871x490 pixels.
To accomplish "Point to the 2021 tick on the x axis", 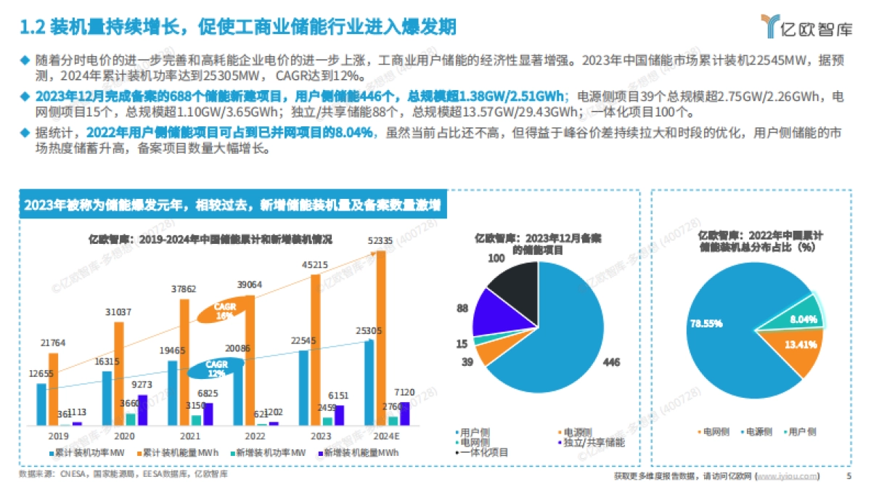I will pos(189,436).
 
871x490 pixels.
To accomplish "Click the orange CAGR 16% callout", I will pos(224,311).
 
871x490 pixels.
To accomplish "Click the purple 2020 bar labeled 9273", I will pos(142,410).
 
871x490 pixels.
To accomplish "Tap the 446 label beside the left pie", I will pos(612,362).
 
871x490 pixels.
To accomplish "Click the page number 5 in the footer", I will pos(848,476).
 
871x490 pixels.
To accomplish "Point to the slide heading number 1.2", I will pos(32,28).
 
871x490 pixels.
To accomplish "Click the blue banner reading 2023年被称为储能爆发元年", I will pos(232,205).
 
